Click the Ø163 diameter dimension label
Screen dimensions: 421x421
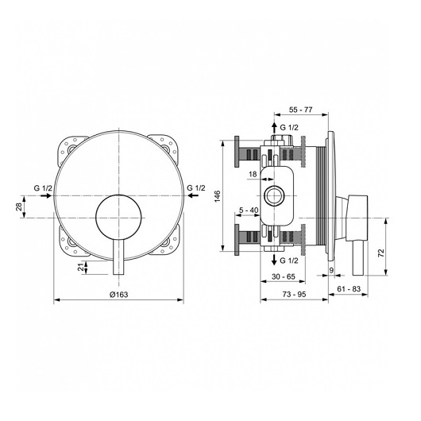point(119,295)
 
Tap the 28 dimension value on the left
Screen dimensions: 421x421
point(19,207)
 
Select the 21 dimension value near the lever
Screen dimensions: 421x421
point(81,268)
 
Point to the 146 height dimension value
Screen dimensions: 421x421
point(217,196)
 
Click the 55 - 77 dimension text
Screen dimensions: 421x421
point(301,110)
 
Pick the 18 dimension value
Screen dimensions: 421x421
point(253,174)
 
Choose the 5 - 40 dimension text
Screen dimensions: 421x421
point(249,210)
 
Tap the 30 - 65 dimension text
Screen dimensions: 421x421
point(284,276)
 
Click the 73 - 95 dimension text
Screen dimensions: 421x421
point(294,295)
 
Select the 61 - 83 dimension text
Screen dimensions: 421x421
point(349,289)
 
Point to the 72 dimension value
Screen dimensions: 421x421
point(381,253)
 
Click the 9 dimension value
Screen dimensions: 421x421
point(331,270)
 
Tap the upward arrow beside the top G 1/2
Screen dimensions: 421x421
point(274,128)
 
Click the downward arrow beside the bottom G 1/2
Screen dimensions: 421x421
point(274,260)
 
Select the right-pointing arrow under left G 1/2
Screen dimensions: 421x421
point(45,195)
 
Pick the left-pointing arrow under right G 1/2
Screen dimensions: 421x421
point(193,195)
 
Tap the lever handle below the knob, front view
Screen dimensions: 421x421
point(118,257)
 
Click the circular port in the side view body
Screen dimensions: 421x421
point(274,195)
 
